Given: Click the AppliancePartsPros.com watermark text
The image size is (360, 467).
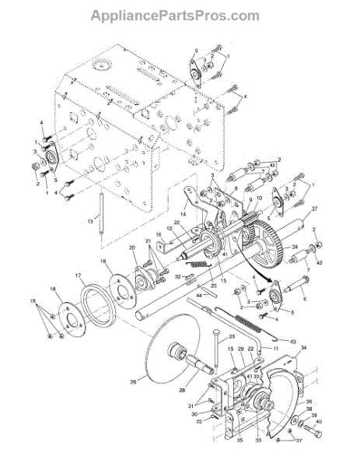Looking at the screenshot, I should click(175, 15).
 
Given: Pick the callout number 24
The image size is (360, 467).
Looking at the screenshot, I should click(294, 249).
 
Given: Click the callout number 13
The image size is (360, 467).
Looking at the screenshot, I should click(89, 220).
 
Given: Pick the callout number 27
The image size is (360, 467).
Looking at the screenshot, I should click(315, 209).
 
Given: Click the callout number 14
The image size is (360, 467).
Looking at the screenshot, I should click(182, 212).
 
